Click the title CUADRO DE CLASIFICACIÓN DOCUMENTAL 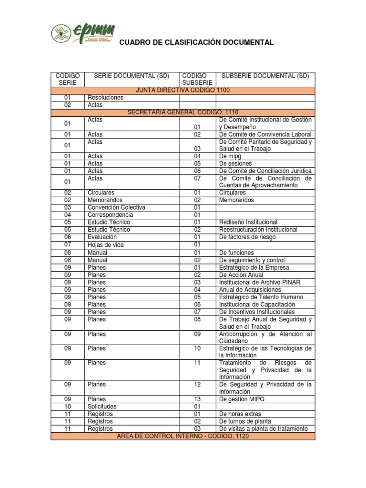pos(196,43)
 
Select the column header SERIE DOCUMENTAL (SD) pos(131,76)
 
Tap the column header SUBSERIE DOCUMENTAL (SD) pos(265,76)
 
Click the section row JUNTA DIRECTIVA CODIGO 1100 pos(183,90)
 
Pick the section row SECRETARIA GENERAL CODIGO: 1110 pos(183,112)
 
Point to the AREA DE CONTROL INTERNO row pos(183,436)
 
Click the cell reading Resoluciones pos(105,98)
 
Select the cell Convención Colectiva pos(116,208)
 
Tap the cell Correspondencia pos(112,215)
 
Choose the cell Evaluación pos(102,237)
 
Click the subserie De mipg pos(230,156)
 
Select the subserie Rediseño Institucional pos(248,223)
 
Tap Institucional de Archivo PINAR pos(259,283)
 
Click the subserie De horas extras pos(240,414)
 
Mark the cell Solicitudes pos(102,407)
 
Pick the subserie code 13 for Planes pos(197,399)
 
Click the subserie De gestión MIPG pos(242,399)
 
